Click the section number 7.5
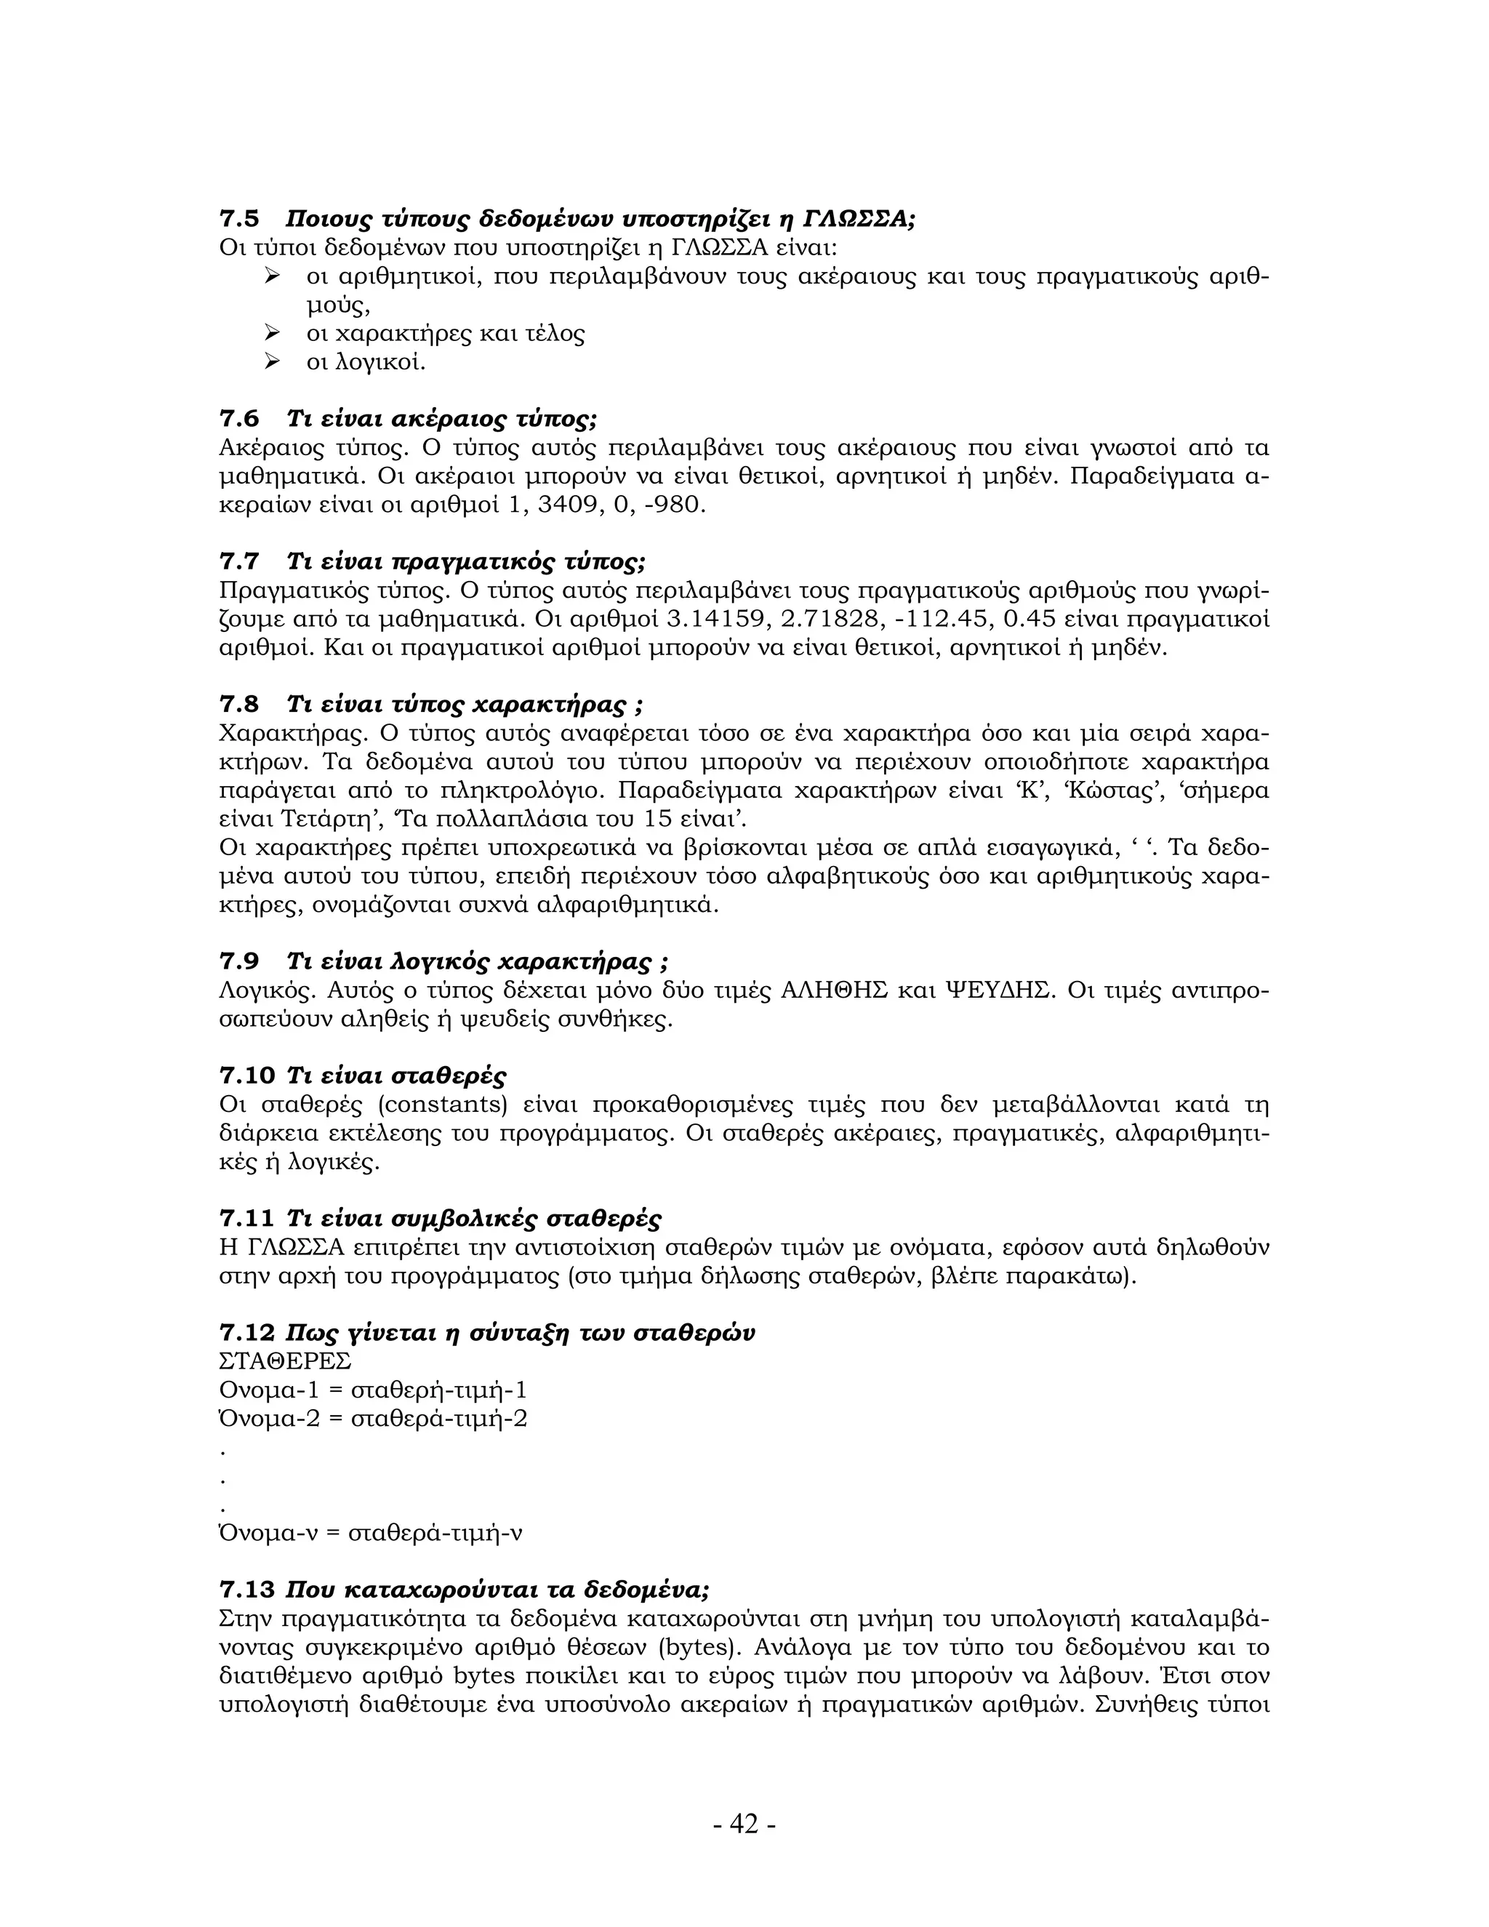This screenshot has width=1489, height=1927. tap(238, 219)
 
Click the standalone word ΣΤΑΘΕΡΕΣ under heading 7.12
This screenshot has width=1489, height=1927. tap(285, 1361)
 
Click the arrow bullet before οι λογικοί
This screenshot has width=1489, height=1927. tap(272, 361)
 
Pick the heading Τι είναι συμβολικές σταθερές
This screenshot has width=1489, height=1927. tap(474, 1219)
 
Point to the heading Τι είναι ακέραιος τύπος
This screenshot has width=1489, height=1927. tap(443, 418)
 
